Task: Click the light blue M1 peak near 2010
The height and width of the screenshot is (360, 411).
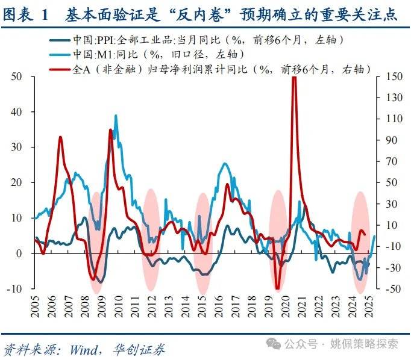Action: (x=115, y=117)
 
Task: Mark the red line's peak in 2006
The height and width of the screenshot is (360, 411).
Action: (x=60, y=138)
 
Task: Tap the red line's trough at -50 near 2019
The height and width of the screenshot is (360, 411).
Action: (x=277, y=288)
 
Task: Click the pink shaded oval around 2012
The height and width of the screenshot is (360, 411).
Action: (x=151, y=241)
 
